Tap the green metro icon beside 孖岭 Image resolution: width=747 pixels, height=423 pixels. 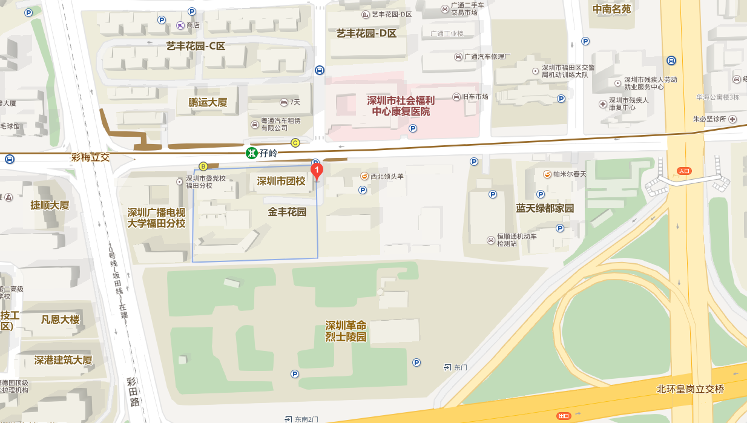click(x=251, y=153)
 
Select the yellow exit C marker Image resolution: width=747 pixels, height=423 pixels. click(x=295, y=143)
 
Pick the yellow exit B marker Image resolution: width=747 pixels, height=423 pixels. click(x=203, y=166)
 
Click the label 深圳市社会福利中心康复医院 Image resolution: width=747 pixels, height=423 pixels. click(x=401, y=106)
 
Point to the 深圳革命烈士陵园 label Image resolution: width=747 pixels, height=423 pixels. click(x=346, y=331)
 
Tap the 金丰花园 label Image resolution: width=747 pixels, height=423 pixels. click(x=287, y=212)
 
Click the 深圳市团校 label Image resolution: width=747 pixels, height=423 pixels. click(x=281, y=181)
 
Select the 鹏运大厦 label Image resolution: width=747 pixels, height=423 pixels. click(x=208, y=102)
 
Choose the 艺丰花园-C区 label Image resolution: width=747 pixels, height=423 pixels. click(x=196, y=46)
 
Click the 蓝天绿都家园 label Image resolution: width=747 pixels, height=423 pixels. click(x=545, y=208)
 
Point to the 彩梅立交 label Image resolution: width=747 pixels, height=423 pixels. click(x=90, y=157)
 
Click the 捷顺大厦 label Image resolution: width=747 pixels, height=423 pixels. click(x=50, y=205)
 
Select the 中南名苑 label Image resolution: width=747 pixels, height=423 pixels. click(x=611, y=8)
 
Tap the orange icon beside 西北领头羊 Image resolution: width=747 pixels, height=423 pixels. click(x=364, y=176)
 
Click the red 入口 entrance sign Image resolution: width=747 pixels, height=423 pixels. click(x=684, y=171)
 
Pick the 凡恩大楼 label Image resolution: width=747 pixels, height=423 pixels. click(x=60, y=320)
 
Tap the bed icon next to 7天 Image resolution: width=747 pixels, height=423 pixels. click(x=284, y=102)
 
